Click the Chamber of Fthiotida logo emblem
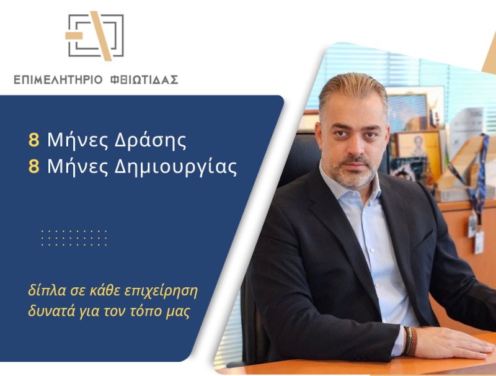pos(95,37)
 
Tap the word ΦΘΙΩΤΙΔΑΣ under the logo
pos(144,79)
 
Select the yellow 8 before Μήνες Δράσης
pos(33,140)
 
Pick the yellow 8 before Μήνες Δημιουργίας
pos(33,167)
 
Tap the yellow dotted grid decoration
pos(74,238)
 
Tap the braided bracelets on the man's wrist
pos(410,341)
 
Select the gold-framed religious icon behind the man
pos(417,149)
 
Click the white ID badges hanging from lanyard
pos(476,233)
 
